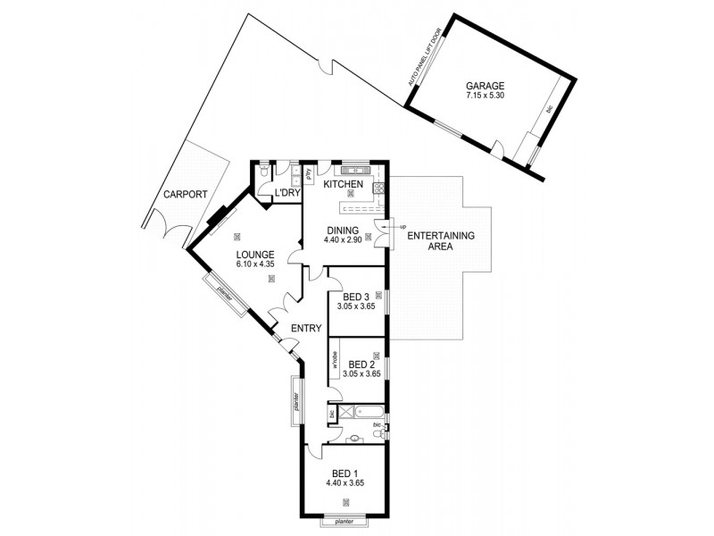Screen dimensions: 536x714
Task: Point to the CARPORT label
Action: coord(185,194)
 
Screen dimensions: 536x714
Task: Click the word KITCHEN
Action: coord(343,184)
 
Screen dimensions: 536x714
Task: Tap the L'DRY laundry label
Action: coord(286,192)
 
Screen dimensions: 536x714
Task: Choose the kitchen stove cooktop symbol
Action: coord(379,188)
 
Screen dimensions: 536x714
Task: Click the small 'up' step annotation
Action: coord(402,226)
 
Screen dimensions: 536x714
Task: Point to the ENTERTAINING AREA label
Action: coord(441,241)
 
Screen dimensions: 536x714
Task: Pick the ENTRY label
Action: coord(305,328)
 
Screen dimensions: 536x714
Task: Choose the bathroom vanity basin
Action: coord(355,438)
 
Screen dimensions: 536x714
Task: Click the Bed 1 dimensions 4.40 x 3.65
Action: coord(348,482)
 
